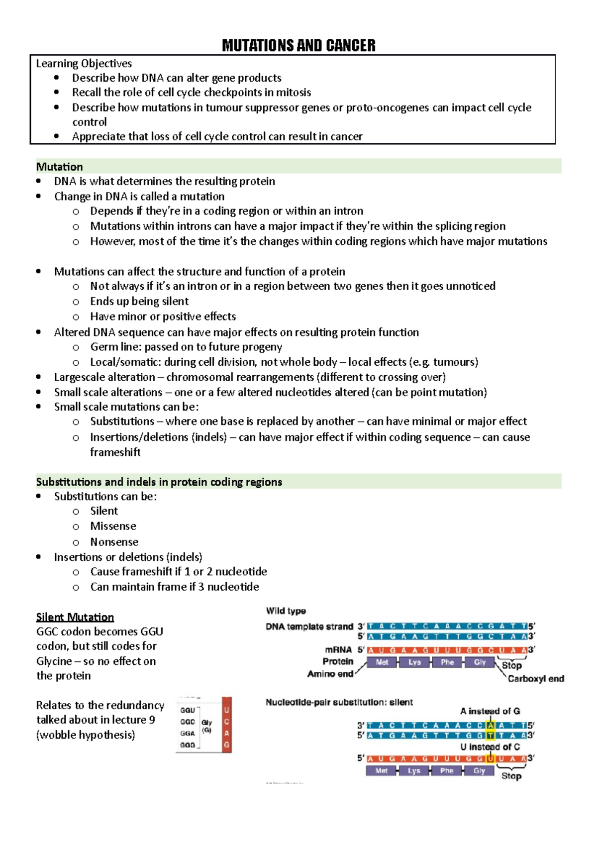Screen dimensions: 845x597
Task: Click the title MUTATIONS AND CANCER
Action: click(298, 46)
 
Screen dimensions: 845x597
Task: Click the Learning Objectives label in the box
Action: click(84, 63)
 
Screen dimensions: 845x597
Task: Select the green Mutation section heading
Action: click(60, 167)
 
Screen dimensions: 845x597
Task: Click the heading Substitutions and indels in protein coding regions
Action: click(159, 482)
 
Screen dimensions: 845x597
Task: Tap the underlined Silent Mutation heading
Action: click(75, 617)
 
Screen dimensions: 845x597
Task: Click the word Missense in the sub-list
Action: click(113, 526)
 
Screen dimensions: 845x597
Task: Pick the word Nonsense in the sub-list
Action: click(114, 541)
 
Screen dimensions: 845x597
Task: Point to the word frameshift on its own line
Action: click(115, 452)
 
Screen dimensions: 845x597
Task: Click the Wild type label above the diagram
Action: click(286, 611)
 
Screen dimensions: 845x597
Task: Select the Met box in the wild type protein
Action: click(382, 662)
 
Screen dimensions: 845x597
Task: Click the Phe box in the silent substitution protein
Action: click(447, 771)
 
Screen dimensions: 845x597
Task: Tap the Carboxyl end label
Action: click(536, 678)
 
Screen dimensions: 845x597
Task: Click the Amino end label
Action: click(330, 674)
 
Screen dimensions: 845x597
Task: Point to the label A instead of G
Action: click(490, 711)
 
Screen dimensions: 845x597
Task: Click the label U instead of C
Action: click(490, 747)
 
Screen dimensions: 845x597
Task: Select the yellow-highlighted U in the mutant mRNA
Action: click(491, 759)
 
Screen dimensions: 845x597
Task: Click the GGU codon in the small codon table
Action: click(188, 710)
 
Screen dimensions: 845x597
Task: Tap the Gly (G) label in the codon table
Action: click(206, 726)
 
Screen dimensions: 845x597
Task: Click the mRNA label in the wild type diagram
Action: click(338, 650)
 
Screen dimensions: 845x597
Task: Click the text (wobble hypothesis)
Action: click(86, 735)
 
